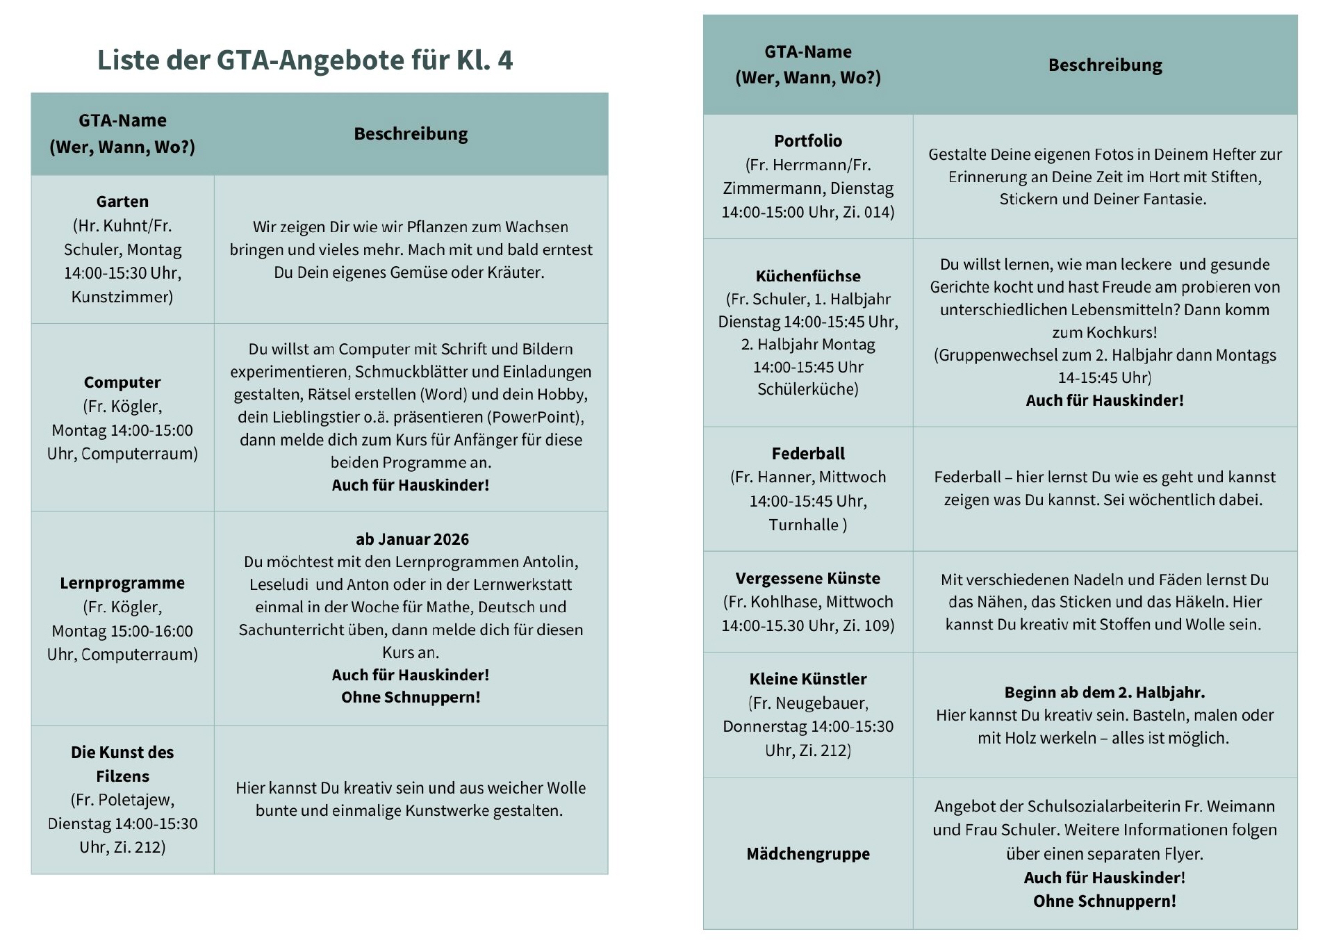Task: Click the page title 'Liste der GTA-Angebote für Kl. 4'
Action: pos(304,60)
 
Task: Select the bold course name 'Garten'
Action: pos(122,202)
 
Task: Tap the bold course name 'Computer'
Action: pos(122,382)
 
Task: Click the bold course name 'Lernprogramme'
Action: pos(122,583)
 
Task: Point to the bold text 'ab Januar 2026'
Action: pos(412,539)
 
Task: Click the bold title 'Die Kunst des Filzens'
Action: pos(122,764)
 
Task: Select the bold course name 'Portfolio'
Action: pos(808,141)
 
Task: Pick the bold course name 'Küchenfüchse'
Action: pos(808,276)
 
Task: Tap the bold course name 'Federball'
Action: pos(808,454)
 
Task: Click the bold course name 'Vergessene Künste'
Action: pos(808,578)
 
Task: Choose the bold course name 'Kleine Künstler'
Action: pos(808,679)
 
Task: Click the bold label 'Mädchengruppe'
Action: pos(808,854)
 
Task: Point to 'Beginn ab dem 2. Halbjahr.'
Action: pos(1104,692)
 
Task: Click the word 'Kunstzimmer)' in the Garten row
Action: pos(122,297)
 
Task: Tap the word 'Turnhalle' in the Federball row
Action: pos(803,525)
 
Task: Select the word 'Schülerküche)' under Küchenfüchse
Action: pos(808,389)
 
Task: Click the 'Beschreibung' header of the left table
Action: pos(411,133)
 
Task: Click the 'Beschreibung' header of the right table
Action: pos(1105,65)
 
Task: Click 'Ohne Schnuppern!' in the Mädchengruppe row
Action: pos(1104,901)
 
